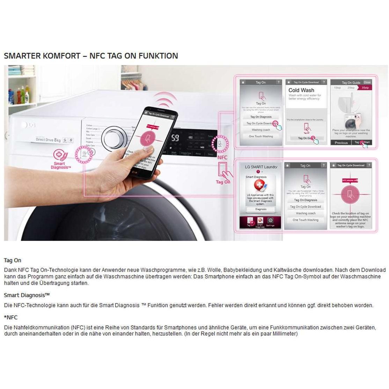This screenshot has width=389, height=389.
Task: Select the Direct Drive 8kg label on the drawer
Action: (x=48, y=140)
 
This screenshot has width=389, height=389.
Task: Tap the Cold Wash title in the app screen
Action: (x=301, y=90)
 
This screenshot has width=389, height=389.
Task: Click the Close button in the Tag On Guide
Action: (x=367, y=83)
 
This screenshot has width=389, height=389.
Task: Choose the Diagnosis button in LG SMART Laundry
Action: (x=260, y=210)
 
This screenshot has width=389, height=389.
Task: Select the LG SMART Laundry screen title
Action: (x=261, y=167)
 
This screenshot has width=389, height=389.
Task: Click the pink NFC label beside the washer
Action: (x=222, y=157)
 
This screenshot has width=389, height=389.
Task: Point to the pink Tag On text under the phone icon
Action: (x=223, y=182)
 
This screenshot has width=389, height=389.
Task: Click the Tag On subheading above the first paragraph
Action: (x=13, y=260)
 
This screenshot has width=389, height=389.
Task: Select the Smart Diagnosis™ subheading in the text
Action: (x=27, y=295)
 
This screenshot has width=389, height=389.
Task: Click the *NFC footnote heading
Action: (x=10, y=317)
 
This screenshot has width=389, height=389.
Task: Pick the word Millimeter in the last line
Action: (x=283, y=334)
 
